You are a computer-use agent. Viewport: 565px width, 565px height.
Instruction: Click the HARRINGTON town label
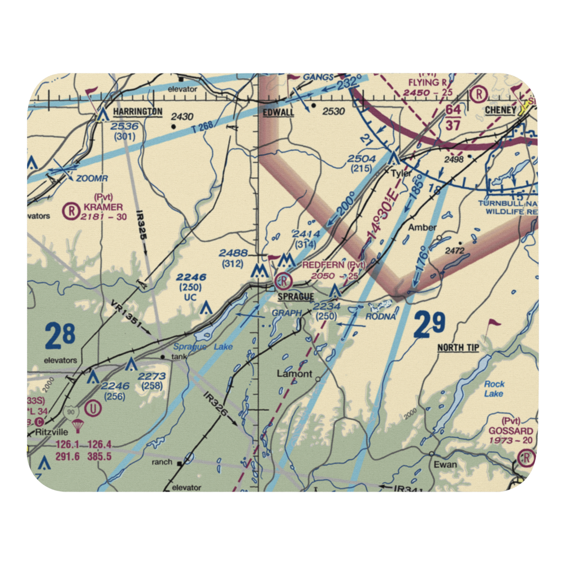coord(137,111)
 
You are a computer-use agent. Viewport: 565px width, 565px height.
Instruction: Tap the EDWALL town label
coord(278,112)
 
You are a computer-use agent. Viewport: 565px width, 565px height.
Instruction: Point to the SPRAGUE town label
coord(295,297)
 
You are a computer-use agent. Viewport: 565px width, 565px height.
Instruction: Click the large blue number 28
coord(60,336)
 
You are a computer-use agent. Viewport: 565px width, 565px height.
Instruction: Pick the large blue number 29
coord(429,325)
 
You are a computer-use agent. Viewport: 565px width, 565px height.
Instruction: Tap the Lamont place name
coord(294,373)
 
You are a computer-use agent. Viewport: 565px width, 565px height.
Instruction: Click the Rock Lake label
coord(494,389)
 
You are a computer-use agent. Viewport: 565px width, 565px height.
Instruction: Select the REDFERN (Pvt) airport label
coord(334,264)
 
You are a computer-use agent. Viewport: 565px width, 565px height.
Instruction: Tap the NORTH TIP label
coord(458,347)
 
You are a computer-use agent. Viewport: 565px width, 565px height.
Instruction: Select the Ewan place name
coord(445,464)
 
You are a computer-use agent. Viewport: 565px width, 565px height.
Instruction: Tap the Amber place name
coord(423,227)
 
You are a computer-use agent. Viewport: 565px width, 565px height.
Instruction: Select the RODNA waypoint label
coord(380,316)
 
